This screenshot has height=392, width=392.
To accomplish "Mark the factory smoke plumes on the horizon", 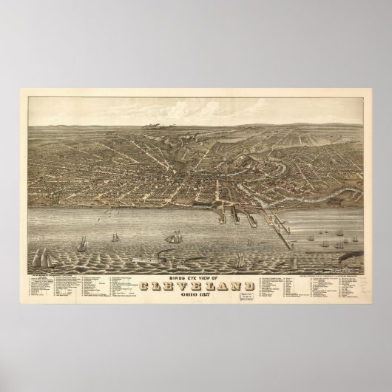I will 156,127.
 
